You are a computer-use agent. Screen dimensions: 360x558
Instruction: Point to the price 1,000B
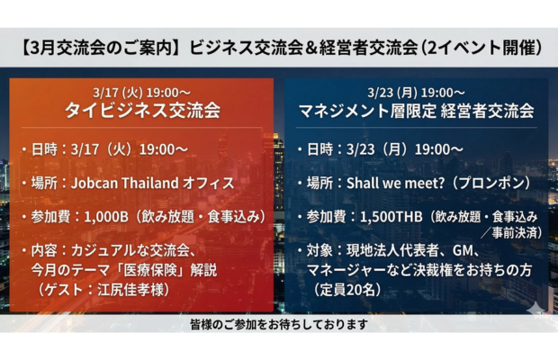coord(113,216)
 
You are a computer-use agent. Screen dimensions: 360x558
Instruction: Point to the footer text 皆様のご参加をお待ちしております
coord(279,324)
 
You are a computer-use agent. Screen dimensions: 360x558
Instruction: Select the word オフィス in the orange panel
coord(210,183)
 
